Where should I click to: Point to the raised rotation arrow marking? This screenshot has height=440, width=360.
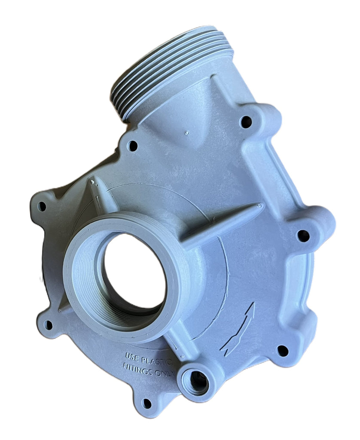tap(239, 327)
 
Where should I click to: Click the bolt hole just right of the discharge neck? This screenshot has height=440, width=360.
tap(246, 122)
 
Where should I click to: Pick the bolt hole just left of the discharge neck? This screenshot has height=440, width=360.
tap(132, 146)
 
